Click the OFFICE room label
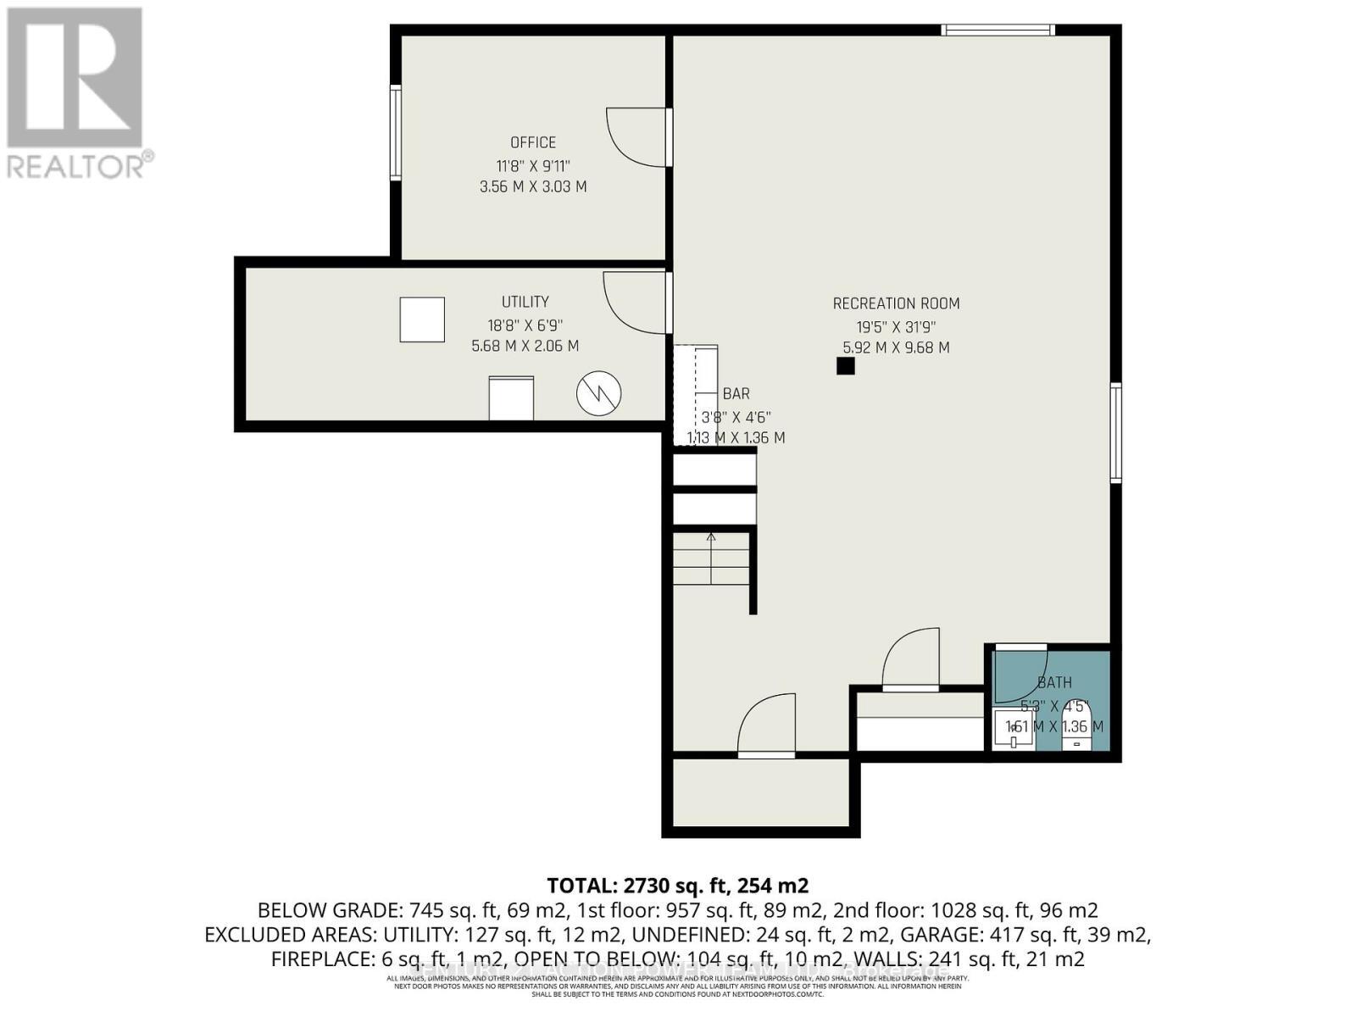(x=533, y=142)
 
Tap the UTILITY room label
(x=525, y=302)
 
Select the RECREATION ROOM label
(x=896, y=303)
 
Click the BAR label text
(x=736, y=393)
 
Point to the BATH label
(x=1054, y=682)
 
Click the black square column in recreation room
(x=845, y=366)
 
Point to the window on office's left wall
(x=395, y=132)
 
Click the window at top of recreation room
(x=998, y=31)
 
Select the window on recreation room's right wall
(x=1115, y=432)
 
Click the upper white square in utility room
(x=422, y=320)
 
